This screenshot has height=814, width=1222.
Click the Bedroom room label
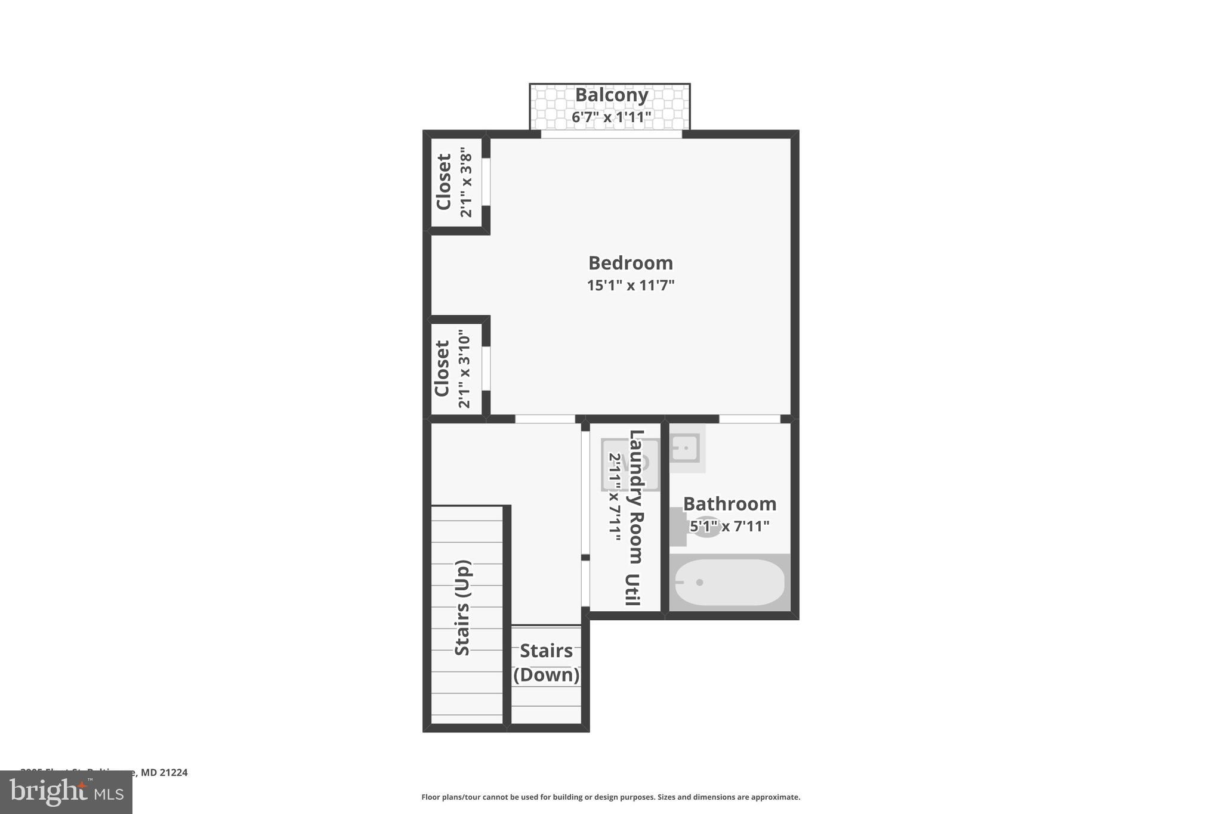tap(630, 263)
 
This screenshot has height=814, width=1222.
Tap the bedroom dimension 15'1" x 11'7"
tap(630, 285)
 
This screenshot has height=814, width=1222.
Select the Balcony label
tap(611, 95)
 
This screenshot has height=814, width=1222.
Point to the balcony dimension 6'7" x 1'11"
tap(611, 117)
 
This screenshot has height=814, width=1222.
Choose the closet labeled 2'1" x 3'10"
tap(453, 369)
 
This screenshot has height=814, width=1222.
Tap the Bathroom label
tap(729, 504)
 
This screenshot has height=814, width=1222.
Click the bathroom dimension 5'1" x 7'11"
tap(729, 526)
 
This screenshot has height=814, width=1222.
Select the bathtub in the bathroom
tap(729, 582)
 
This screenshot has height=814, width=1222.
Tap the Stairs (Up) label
tap(462, 608)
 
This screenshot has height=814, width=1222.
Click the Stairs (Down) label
tap(546, 663)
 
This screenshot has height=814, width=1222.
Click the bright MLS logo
tap(66, 792)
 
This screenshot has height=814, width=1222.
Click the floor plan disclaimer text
tap(610, 797)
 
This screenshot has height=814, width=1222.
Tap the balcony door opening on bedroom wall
tap(611, 135)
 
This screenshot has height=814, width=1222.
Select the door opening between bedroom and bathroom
tap(749, 419)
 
